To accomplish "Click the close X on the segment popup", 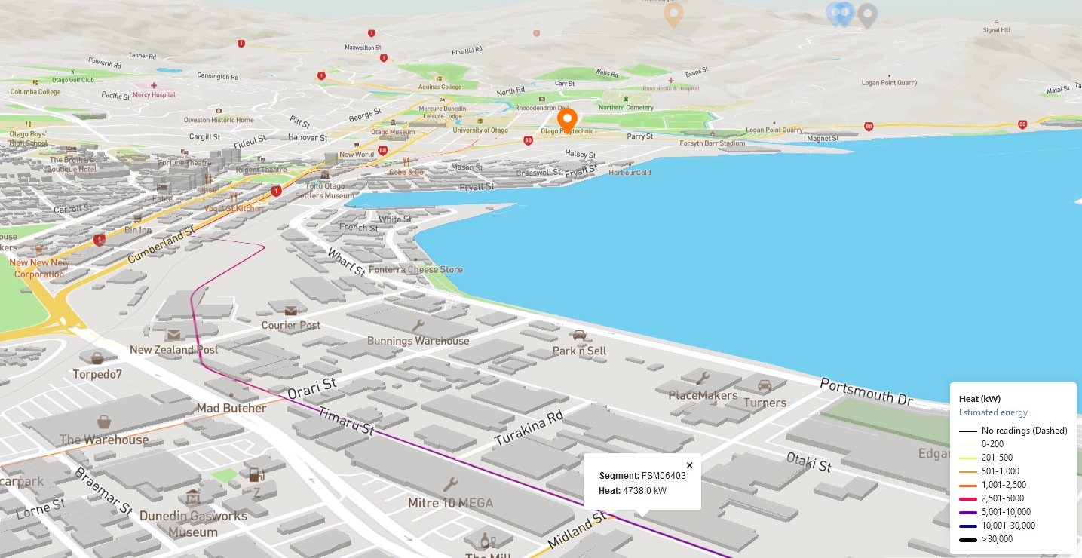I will pyautogui.click(x=689, y=465).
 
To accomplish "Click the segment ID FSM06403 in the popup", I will pyautogui.click(x=664, y=476).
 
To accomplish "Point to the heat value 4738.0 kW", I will pyautogui.click(x=644, y=491).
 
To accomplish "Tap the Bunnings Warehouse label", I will pyautogui.click(x=418, y=341).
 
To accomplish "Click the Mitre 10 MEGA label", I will pyautogui.click(x=450, y=503).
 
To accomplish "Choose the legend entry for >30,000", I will pyautogui.click(x=997, y=539).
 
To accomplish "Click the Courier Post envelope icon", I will pyautogui.click(x=291, y=310).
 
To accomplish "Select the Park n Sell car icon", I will pyautogui.click(x=579, y=336).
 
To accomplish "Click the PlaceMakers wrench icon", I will pyautogui.click(x=703, y=379).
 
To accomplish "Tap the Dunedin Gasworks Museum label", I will pyautogui.click(x=193, y=524).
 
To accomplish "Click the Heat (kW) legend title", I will pyautogui.click(x=979, y=398).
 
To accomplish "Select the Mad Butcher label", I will pyautogui.click(x=231, y=408).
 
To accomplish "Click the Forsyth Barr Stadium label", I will pyautogui.click(x=712, y=143).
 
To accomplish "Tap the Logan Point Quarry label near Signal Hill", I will pyautogui.click(x=890, y=83).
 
